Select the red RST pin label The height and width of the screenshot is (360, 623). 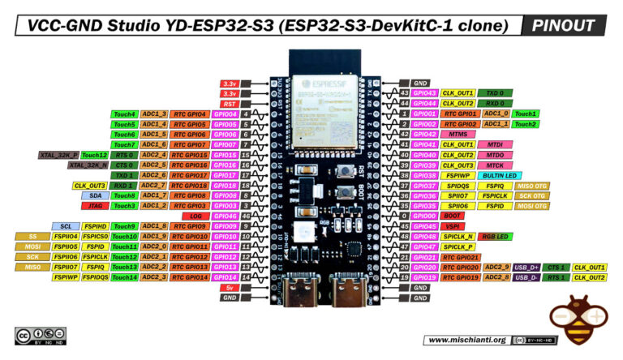[229, 104]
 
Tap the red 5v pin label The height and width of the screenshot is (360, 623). [229, 287]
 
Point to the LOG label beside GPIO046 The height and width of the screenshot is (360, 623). [196, 216]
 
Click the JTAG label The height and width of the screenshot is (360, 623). [96, 206]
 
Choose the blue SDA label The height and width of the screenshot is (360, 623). [96, 195]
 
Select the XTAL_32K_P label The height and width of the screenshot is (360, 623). [58, 155]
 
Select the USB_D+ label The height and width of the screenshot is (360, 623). [527, 267]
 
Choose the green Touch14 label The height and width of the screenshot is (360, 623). [125, 277]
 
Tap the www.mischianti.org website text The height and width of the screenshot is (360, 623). [466, 340]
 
